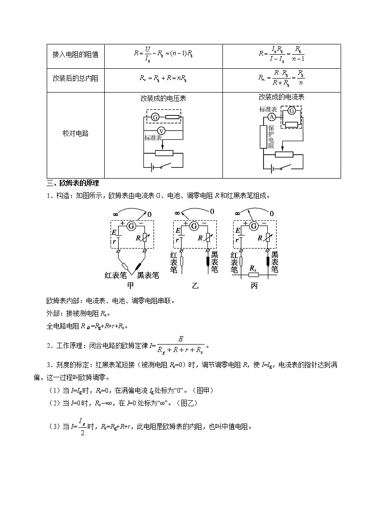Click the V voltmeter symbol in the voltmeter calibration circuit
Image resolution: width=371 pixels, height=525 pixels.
(161, 130)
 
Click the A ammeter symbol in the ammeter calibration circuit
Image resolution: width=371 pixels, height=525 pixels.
(271, 118)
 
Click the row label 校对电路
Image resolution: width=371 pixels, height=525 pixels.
(75, 134)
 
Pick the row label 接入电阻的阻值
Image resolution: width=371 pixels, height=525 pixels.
(75, 54)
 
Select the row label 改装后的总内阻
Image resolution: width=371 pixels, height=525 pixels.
(75, 79)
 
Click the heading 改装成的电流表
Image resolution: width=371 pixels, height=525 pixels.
(282, 97)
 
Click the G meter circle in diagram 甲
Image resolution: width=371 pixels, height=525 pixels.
(132, 226)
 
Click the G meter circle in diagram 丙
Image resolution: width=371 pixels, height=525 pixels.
(254, 226)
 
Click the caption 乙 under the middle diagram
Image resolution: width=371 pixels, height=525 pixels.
(195, 285)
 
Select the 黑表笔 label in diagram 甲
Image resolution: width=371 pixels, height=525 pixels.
(148, 275)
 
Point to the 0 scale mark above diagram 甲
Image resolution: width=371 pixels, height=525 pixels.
(149, 214)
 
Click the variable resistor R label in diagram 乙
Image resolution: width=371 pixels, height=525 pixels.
(200, 238)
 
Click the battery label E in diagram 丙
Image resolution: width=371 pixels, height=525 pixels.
(238, 231)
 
